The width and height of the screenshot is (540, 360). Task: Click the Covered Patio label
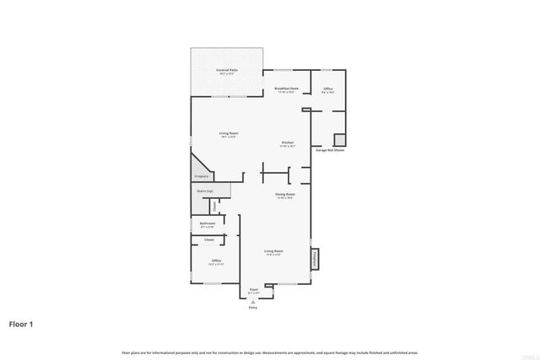pos(226,70)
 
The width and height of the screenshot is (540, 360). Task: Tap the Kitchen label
pos(288,142)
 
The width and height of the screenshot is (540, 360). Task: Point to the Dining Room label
pos(285,195)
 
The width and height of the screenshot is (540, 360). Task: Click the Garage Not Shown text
pos(330,151)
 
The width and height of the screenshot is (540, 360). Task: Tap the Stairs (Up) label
pos(204,191)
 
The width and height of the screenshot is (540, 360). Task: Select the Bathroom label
pos(208,223)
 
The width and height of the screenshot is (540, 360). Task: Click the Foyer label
pos(253,289)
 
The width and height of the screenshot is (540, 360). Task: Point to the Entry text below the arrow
pos(252,308)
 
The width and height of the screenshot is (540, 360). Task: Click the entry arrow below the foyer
pos(252,300)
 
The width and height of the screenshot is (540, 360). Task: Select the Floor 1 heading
pos(21,324)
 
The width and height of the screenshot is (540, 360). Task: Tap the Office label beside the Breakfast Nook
pos(328,89)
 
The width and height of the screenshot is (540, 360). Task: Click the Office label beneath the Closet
pos(216,261)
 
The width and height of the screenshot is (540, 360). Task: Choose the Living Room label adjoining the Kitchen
pos(229,133)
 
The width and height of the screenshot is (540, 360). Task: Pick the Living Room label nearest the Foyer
pos(273,251)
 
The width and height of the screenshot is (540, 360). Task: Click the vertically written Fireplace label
pos(316,260)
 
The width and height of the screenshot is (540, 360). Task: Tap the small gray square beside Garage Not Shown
pos(340,140)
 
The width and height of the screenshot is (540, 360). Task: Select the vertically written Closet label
pos(214,206)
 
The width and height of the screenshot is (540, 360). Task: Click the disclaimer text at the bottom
pos(269,352)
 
